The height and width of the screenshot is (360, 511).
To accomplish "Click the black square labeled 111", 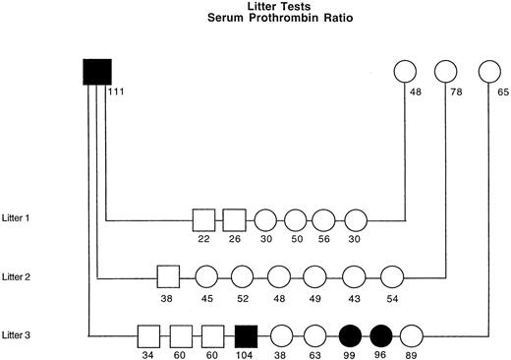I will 96,72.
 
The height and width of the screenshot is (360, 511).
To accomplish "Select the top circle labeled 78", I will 446,72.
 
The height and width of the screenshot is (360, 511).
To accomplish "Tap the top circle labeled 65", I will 488,72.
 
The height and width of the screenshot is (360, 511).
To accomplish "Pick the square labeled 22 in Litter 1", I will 203,219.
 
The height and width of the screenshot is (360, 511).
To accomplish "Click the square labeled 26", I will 234,219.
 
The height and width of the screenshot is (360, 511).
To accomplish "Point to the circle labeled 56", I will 324,219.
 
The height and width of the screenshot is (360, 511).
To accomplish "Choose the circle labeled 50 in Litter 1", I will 295,219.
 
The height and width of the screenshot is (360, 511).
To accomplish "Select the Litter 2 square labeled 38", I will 168,276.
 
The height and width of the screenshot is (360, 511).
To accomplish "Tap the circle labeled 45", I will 205,276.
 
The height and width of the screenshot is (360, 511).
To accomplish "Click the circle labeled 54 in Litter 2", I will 391,276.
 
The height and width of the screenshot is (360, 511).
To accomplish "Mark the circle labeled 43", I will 352,276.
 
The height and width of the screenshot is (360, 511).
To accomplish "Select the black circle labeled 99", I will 350,335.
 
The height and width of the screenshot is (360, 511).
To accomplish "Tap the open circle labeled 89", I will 413,335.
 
